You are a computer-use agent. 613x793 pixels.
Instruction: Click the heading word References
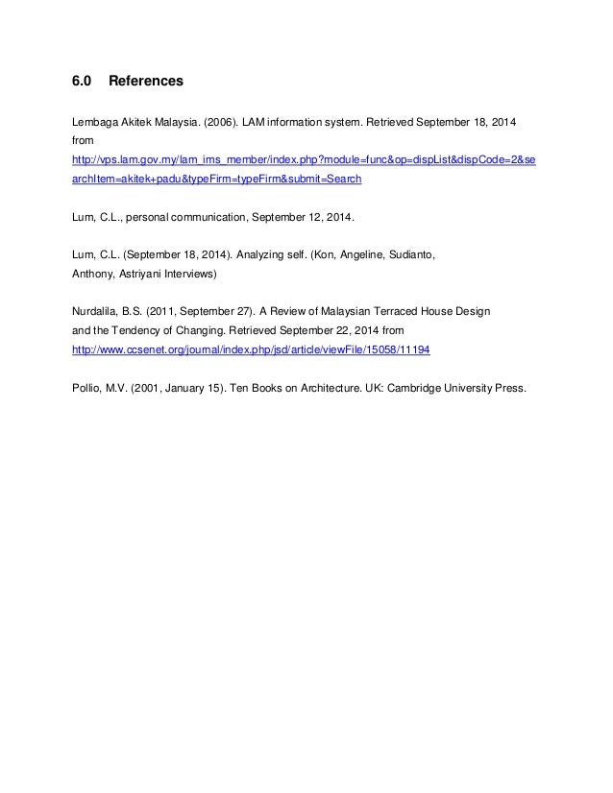click(145, 83)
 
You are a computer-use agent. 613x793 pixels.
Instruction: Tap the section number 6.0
click(83, 83)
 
